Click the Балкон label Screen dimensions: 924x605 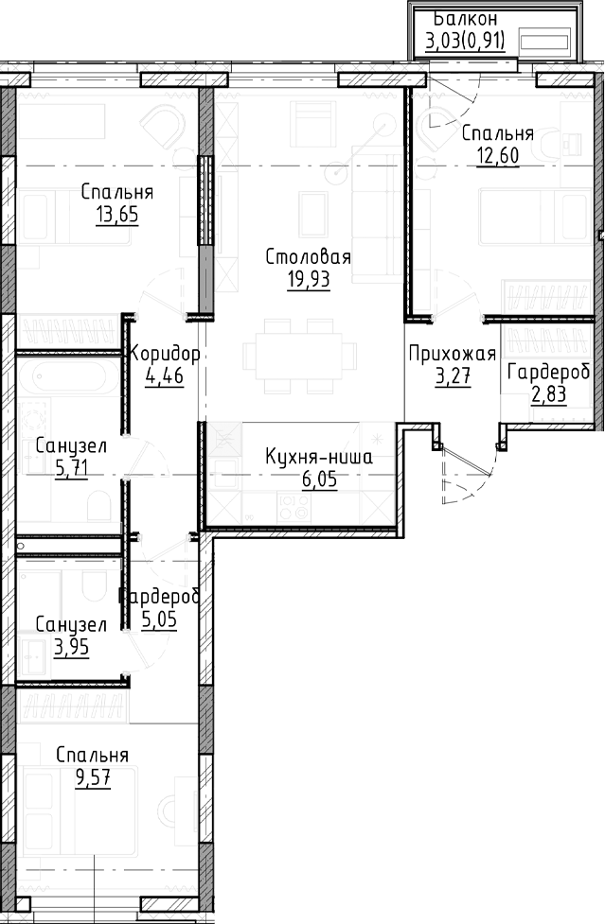(465, 19)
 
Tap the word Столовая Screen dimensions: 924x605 (309, 257)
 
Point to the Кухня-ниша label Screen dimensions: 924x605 (317, 458)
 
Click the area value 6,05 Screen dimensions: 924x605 (317, 479)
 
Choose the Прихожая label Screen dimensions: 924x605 (452, 355)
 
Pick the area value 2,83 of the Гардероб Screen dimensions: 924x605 (549, 393)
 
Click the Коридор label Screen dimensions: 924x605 (166, 355)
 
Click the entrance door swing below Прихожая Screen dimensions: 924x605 (466, 473)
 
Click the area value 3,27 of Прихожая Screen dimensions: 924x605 (452, 375)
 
